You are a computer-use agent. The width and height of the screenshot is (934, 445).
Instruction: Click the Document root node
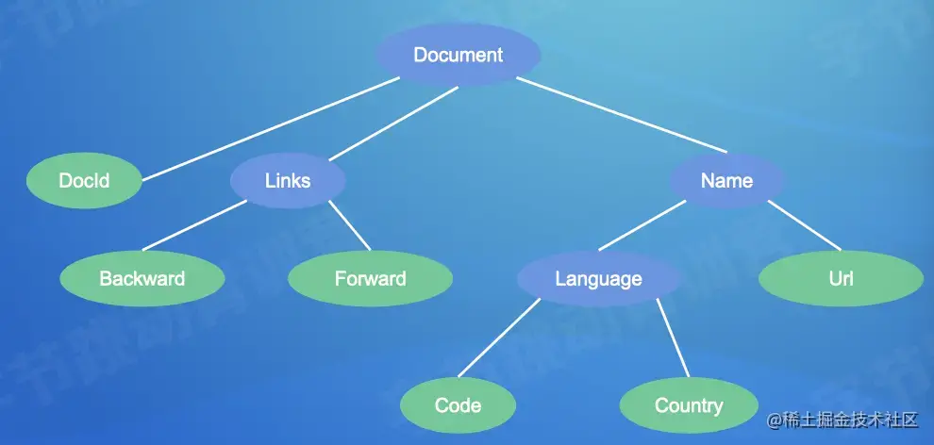(x=459, y=55)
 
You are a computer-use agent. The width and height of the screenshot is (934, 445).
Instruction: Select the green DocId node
(x=84, y=180)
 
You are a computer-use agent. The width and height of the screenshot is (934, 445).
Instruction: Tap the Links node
(x=288, y=180)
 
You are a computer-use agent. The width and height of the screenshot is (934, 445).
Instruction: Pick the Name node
(x=726, y=180)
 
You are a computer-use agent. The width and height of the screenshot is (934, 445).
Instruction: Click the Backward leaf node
(x=142, y=278)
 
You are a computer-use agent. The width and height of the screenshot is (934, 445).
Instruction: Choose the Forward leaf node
(x=370, y=278)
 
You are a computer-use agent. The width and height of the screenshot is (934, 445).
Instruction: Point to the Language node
(x=598, y=278)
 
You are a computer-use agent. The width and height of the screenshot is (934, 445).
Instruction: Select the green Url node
(x=841, y=278)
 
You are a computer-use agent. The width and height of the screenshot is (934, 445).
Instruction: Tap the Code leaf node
(x=459, y=405)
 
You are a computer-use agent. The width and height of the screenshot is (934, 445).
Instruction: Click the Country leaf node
(x=689, y=405)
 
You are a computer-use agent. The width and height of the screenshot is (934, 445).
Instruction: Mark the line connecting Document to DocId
(x=270, y=127)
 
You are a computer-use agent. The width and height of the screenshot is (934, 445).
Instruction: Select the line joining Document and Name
(x=623, y=117)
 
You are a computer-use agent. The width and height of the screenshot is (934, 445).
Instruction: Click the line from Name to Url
(x=804, y=225)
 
